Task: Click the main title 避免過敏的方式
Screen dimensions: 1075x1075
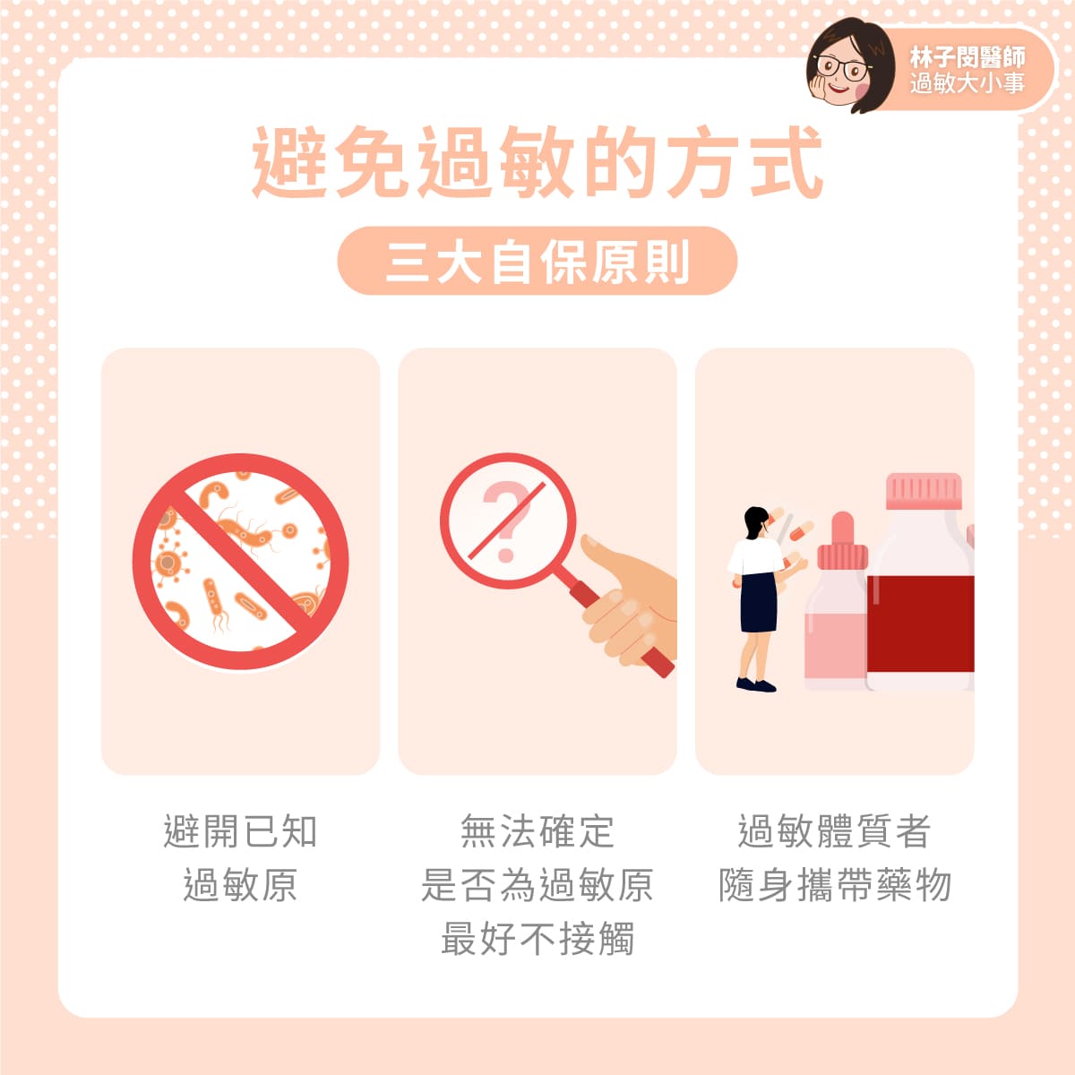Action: coord(537,162)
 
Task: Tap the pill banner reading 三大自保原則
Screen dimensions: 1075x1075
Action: coord(537,261)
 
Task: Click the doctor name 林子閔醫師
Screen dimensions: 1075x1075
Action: coord(967,57)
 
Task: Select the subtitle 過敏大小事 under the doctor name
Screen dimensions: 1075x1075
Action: coord(967,83)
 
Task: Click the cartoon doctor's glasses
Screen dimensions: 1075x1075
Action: coord(842,67)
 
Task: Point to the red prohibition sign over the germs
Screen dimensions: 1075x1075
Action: coord(240,561)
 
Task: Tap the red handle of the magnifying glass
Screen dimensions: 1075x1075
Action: coord(619,628)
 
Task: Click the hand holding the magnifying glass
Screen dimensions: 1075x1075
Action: coord(631,603)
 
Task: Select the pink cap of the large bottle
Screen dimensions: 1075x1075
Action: coord(924,491)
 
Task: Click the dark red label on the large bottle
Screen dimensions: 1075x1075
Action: coord(921,623)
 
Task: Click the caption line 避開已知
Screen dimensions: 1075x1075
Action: coord(240,831)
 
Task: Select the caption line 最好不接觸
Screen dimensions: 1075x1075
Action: coord(537,938)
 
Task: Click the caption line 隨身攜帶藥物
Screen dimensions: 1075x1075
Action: coord(835,885)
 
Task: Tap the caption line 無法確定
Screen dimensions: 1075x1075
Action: coord(537,831)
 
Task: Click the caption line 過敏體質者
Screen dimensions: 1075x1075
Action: coord(835,831)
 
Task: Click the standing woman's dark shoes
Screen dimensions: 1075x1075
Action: coord(756,684)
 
